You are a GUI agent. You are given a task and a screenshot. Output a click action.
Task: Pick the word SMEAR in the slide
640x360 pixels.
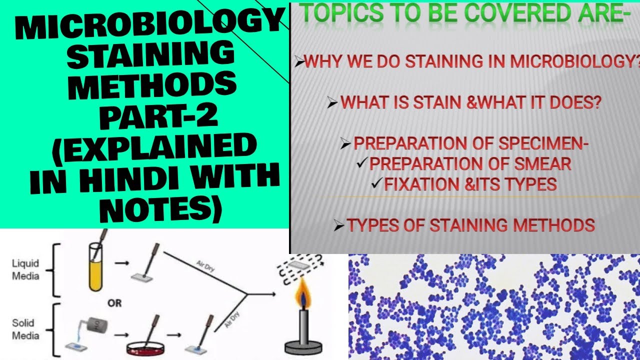tap(542, 163)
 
